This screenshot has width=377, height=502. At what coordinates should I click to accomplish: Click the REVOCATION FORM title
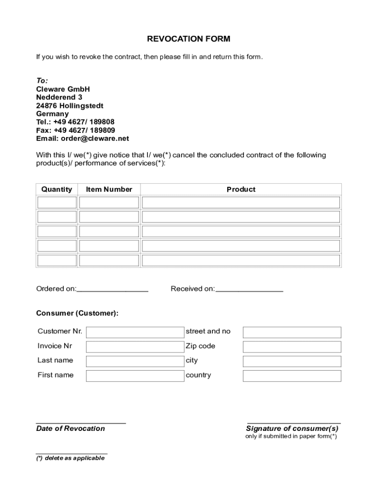point(188,39)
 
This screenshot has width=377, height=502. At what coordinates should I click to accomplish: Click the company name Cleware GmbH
point(63,89)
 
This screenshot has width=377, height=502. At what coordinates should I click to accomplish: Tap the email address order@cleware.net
point(82,139)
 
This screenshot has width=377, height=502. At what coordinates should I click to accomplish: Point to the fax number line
point(75,130)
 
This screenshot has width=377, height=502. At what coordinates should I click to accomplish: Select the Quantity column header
point(56,189)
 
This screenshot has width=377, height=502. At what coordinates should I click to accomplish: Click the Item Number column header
point(109,189)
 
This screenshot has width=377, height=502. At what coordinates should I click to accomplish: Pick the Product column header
point(241,189)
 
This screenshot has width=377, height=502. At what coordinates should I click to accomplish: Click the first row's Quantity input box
point(57,202)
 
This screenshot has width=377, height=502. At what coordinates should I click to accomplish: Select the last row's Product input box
point(241,260)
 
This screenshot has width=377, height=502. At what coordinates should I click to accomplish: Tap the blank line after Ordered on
point(113,289)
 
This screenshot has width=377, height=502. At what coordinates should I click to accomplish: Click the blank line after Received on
point(249,289)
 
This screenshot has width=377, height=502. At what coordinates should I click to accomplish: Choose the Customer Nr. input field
point(135,332)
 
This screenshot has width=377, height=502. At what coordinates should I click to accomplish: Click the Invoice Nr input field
point(135,347)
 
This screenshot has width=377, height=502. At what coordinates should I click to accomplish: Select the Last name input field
point(135,361)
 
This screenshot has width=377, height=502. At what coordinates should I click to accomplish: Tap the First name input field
point(135,376)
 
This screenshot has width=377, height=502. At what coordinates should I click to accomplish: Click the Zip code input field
point(292,347)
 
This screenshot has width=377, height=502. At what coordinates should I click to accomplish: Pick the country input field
point(292,376)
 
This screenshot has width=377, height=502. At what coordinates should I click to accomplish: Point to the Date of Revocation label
point(71,428)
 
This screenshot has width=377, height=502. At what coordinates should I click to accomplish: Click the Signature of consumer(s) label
point(292,428)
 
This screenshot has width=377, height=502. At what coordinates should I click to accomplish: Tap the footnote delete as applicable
point(71,458)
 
